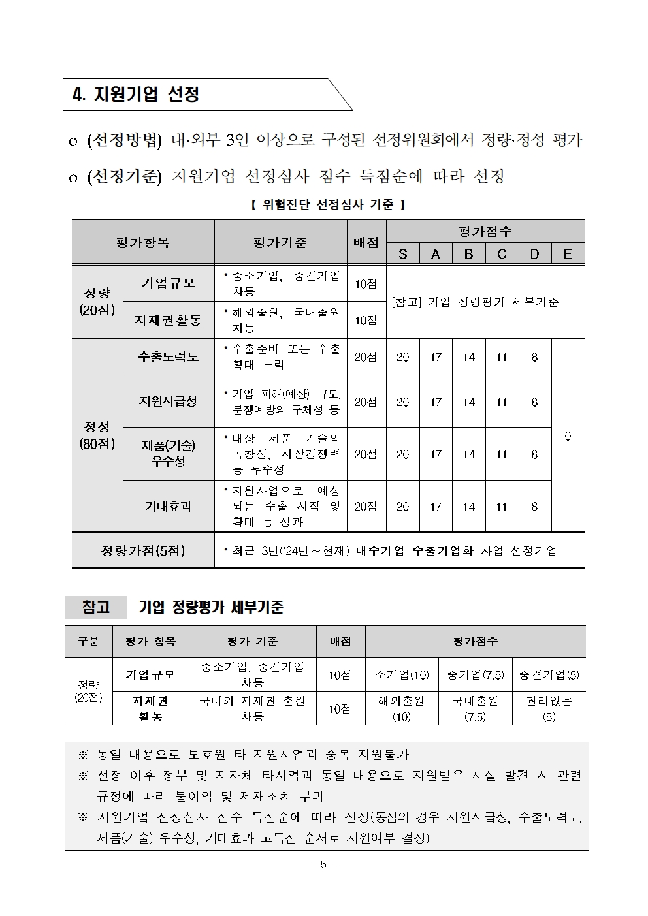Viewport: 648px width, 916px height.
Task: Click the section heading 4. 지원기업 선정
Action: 136,95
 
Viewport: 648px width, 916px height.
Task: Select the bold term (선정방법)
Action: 124,140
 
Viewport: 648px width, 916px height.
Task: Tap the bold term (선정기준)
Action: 124,176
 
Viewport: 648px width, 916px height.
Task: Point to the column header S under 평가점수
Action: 402,254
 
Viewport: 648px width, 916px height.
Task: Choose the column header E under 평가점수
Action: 567,254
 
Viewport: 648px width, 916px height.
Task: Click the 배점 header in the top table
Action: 366,242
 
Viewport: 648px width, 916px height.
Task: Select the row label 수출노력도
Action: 168,357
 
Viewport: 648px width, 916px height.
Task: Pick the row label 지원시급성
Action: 168,402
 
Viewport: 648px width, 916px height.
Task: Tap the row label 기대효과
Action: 168,507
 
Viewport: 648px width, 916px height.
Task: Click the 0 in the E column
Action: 567,436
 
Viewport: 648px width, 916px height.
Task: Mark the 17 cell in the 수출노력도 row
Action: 436,357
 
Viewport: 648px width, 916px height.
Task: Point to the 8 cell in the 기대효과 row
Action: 534,507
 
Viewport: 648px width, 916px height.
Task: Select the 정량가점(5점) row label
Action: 142,550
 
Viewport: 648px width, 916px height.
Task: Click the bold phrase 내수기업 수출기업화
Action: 414,550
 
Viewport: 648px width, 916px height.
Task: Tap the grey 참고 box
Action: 96,607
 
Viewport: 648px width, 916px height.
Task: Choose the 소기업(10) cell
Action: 402,675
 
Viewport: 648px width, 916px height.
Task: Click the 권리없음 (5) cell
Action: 549,708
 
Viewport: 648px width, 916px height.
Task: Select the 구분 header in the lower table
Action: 88,641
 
